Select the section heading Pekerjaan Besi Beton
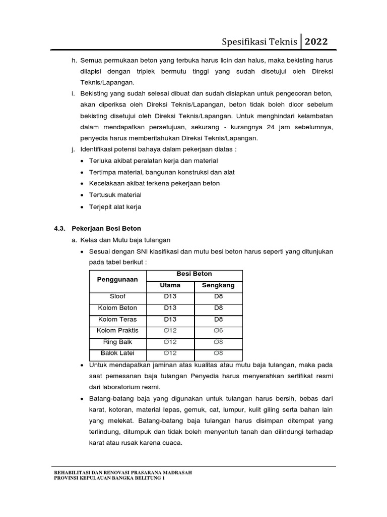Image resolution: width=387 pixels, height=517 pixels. coord(106,228)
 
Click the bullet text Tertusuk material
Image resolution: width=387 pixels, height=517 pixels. coord(115,194)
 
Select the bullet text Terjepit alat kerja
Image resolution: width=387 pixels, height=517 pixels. coord(115,206)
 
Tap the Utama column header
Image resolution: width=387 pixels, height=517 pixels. coord(170,285)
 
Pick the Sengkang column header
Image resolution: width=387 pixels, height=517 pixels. coord(218,285)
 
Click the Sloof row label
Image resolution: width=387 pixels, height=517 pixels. coord(117,297)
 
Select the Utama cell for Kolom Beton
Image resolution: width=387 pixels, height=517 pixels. coord(170,308)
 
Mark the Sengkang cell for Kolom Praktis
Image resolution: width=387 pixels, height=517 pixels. coord(218,331)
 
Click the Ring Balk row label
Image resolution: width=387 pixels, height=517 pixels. coord(117,342)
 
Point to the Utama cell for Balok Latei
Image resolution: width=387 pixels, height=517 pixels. coord(170,353)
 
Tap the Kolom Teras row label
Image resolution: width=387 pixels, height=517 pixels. coord(117,320)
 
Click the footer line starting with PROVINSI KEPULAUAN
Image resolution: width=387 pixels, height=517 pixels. coord(109,479)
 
